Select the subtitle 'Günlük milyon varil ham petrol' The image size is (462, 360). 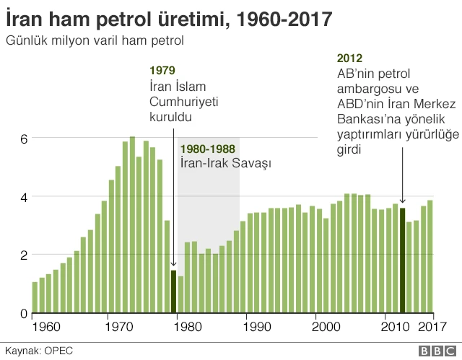95,40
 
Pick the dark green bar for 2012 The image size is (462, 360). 402,260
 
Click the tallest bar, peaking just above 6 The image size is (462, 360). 132,224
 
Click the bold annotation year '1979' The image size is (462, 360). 162,71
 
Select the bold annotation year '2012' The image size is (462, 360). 349,58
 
